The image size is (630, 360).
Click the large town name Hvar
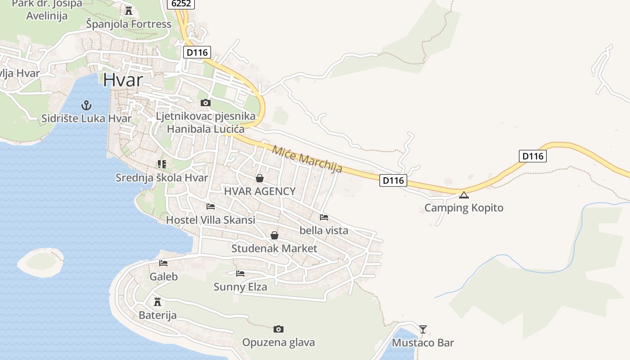point(123,80)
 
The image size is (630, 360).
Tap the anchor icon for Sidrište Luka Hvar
point(86,105)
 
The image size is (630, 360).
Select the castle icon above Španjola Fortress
point(129,11)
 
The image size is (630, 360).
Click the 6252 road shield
point(181,4)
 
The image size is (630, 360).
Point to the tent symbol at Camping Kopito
point(463,195)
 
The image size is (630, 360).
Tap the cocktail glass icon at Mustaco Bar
point(423,329)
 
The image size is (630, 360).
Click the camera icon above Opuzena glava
point(279,329)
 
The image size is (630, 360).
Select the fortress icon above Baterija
point(157,301)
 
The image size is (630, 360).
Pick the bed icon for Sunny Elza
point(240,273)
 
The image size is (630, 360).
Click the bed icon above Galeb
point(163,263)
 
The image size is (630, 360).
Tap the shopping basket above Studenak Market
point(274,235)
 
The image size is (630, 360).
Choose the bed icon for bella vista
point(324,217)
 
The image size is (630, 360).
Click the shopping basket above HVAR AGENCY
point(260,178)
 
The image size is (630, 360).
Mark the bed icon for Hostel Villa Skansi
point(211,207)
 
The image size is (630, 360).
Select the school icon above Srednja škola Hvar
point(162,164)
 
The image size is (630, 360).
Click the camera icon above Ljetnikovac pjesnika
point(206,103)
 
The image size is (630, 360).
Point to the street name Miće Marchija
point(307,159)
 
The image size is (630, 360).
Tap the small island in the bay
point(40,261)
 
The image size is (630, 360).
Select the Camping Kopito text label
point(463,208)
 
